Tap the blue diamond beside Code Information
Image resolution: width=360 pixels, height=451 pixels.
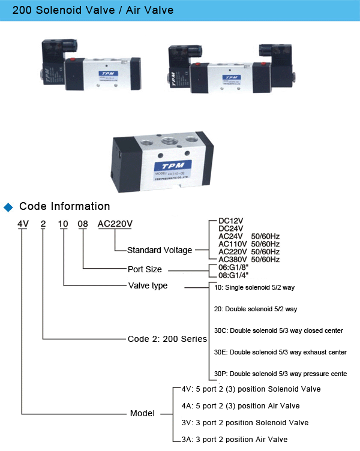pos(8,208)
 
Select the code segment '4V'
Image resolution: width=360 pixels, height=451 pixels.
pos(23,224)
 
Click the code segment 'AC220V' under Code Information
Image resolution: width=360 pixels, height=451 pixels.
pos(115,224)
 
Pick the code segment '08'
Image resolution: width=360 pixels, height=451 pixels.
pos(83,224)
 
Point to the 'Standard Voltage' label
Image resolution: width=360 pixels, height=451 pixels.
pos(160,250)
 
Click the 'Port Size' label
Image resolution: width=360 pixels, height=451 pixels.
pos(145,269)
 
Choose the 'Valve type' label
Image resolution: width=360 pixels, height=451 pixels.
pos(148,285)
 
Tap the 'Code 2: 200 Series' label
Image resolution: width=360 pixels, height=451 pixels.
pos(167,338)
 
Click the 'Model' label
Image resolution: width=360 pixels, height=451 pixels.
pos(142,413)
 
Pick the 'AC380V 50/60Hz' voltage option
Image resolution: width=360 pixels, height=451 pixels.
pos(249,259)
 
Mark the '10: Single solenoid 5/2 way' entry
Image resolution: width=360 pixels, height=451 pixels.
pos(254,288)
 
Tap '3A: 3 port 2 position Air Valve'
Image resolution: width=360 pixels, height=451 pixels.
pos(234,439)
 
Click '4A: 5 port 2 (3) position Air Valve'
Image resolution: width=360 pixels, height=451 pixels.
pos(240,406)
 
